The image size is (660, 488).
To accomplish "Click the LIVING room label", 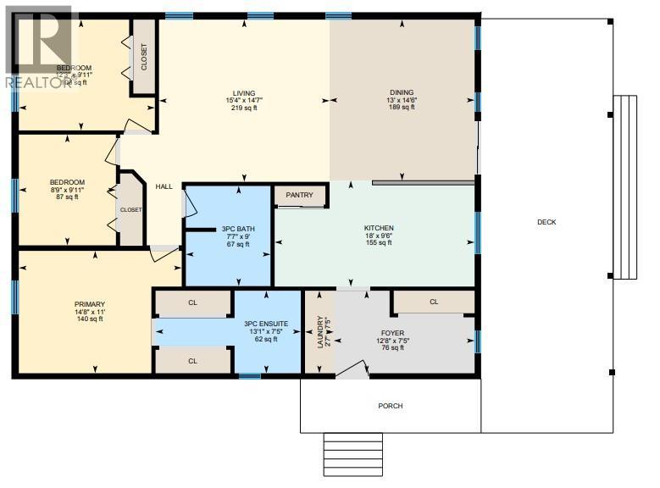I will click(x=244, y=93).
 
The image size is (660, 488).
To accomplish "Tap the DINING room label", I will click(x=402, y=93).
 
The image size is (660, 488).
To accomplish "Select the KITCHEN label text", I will click(x=379, y=228).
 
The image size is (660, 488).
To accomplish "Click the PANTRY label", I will click(x=300, y=196).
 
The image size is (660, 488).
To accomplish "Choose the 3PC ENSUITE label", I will click(x=266, y=324).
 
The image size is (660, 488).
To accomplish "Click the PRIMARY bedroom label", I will click(x=89, y=303).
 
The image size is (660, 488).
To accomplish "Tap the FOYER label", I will click(x=391, y=333).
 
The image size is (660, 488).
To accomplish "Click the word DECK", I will click(x=546, y=222).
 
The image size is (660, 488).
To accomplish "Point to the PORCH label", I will click(x=391, y=406).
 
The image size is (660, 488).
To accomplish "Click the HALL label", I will click(x=164, y=187).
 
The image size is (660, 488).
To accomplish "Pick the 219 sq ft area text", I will click(x=244, y=108).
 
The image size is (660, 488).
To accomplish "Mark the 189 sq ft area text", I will click(x=402, y=108).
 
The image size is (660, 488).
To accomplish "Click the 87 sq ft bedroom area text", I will click(x=67, y=197).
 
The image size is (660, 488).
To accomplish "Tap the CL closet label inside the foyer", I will click(x=434, y=301).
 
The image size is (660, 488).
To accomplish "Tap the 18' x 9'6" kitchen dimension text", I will click(x=379, y=236).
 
